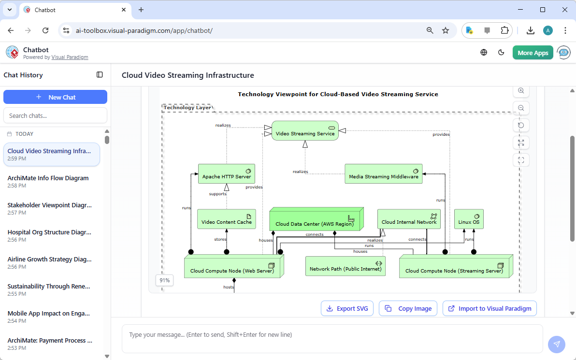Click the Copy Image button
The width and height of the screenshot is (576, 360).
pos(408,308)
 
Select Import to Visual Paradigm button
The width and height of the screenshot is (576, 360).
pos(490,308)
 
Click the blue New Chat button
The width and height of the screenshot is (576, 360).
pos(55,97)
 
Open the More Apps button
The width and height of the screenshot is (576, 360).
pos(533,53)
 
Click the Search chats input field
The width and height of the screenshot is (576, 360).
pos(55,115)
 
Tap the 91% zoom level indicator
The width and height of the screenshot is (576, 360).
pos(165,280)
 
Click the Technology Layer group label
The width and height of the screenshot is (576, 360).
pos(187,108)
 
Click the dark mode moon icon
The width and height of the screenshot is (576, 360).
pos(501,53)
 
